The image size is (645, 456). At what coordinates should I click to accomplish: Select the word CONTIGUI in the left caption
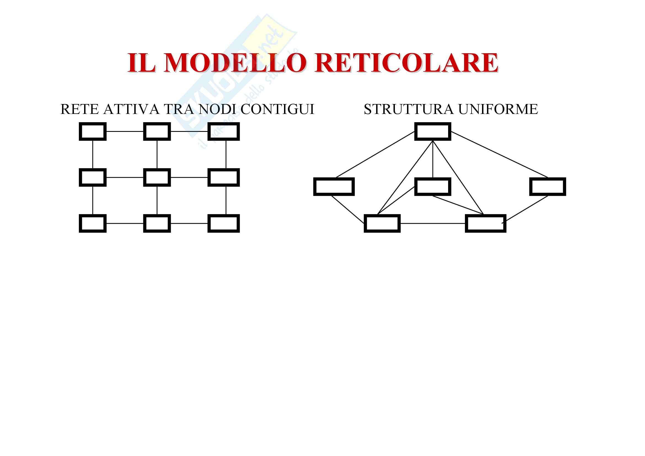point(277,109)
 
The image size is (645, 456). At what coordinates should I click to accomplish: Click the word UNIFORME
point(498,109)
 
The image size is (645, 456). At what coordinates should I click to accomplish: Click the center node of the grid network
point(157,177)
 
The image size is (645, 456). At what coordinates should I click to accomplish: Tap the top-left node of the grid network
point(92,131)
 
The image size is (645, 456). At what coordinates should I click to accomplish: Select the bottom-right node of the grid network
point(224,223)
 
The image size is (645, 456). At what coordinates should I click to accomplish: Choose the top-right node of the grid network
point(224,131)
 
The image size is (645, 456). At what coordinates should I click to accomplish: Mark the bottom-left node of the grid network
point(92,223)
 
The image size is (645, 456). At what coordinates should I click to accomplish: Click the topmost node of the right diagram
point(433,131)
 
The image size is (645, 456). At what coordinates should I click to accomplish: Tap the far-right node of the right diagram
point(548,186)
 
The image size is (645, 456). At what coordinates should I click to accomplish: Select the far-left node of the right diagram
point(334,186)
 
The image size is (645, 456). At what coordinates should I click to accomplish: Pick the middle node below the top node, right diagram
point(433,186)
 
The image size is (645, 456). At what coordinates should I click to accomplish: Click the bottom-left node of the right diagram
point(382,223)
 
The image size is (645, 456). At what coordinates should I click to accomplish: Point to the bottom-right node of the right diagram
point(485,223)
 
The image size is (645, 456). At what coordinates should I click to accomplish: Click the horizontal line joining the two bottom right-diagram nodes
point(433,223)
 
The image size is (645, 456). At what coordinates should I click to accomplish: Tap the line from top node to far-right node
point(499,154)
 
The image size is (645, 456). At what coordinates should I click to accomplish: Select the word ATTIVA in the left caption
point(131,109)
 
